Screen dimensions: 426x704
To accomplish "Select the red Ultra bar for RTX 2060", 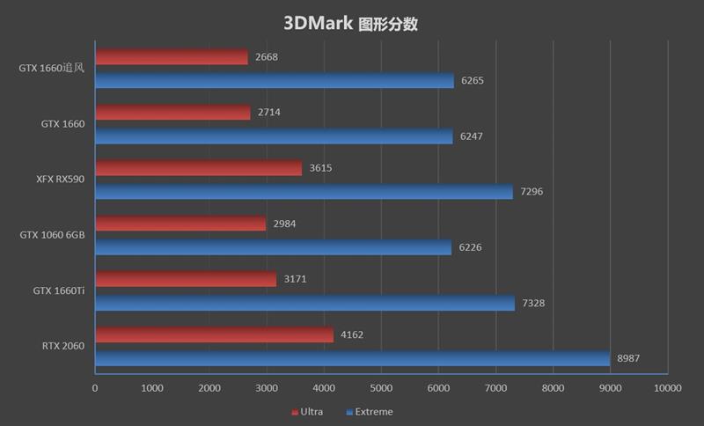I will (214, 334).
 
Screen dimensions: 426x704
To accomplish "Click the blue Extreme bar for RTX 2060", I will (352, 358).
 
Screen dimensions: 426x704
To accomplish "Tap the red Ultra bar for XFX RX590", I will (198, 168).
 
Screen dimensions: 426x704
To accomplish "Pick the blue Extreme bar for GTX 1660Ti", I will (304, 303).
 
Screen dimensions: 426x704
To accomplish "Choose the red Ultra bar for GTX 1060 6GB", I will (180, 224).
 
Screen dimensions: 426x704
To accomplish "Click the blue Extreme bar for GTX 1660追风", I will (275, 80).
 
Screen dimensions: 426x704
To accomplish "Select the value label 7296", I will (532, 192).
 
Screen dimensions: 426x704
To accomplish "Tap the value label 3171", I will (297, 279).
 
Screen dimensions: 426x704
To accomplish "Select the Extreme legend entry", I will (374, 412).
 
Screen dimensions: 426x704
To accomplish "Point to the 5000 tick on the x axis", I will (381, 387).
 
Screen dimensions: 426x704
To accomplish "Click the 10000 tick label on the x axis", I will (666, 387).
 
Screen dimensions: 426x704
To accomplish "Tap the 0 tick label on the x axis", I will (95, 387).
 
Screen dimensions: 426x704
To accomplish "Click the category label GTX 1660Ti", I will (59, 290).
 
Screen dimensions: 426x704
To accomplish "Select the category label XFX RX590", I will (59, 180).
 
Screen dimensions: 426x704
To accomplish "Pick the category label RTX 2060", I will (62, 346).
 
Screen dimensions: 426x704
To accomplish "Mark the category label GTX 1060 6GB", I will (52, 235).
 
